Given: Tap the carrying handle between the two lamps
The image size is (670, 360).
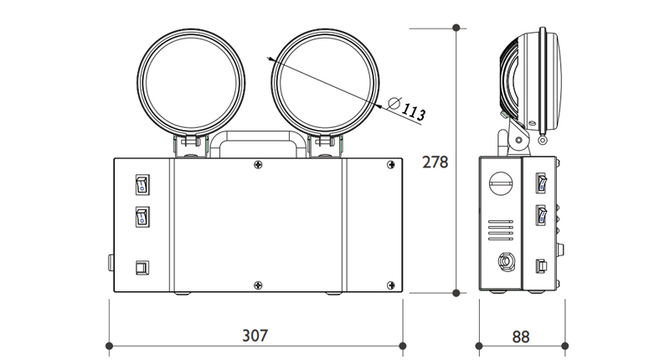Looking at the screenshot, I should pos(256,141).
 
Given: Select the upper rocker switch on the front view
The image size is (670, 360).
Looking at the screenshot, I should pos(141,183).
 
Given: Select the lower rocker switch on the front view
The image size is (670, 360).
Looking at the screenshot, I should pos(141,217).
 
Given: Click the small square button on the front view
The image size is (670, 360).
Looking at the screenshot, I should pos(141,268).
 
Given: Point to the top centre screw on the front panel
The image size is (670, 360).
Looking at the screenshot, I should pos(257,167).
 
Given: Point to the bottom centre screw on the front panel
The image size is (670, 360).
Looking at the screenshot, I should pos(257,285).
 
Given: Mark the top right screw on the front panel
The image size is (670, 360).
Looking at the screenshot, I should pos(390,167).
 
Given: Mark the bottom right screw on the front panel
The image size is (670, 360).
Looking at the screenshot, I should pos(390,285).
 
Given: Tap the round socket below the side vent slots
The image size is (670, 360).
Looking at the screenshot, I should pos(505,261).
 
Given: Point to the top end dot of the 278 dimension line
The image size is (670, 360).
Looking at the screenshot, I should pos(456,28).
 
